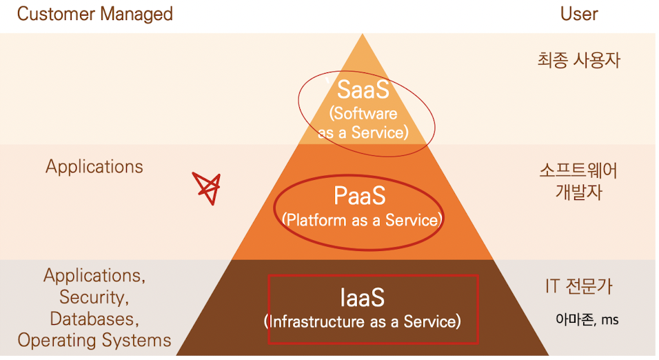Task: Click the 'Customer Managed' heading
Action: point(95,14)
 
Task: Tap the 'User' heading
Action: point(579,14)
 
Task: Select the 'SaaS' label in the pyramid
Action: point(363,90)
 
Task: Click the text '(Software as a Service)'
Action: point(363,122)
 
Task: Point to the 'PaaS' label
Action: point(359,197)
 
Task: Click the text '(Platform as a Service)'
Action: point(361,220)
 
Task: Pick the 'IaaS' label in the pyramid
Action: point(362,297)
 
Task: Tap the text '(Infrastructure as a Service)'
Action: point(362,321)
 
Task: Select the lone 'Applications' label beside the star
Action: point(94,167)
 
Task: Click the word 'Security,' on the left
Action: point(94,297)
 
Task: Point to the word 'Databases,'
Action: point(94,319)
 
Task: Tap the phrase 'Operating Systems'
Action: point(94,340)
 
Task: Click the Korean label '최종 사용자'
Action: point(578,61)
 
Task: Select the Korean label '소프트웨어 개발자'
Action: point(578,181)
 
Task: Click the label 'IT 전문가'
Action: point(578,286)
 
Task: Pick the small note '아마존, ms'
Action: point(587,319)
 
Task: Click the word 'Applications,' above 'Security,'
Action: point(94,276)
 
